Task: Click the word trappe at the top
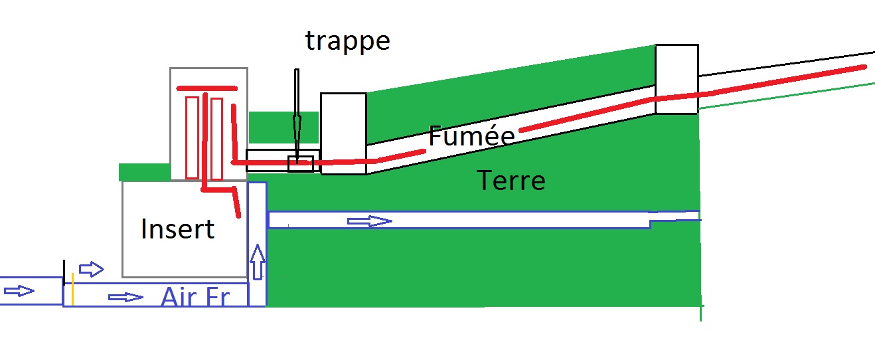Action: [347, 41]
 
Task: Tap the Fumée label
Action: [471, 136]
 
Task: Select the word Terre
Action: [511, 180]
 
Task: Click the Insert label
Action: [177, 229]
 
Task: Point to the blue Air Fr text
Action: [195, 297]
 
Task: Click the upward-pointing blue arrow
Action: [258, 261]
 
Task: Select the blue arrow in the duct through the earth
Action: [370, 221]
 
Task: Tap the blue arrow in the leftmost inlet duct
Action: [19, 291]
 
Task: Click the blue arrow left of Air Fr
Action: [125, 297]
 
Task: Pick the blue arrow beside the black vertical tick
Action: [92, 269]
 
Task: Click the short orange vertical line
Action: [72, 293]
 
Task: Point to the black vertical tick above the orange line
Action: [64, 271]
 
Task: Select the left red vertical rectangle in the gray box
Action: [192, 137]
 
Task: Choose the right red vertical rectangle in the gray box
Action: [216, 137]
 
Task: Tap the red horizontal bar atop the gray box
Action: [206, 88]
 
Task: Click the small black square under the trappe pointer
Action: [300, 163]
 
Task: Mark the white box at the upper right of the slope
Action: [676, 78]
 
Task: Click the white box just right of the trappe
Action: [343, 133]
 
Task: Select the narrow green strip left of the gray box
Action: [144, 172]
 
